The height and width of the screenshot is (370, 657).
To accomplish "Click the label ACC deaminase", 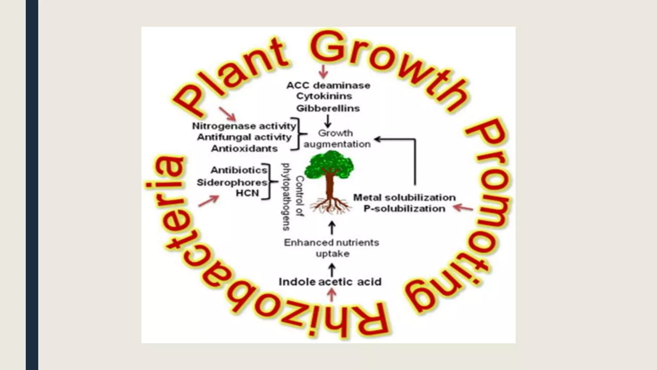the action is [328, 85].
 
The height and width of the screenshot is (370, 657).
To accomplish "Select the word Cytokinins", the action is [324, 96].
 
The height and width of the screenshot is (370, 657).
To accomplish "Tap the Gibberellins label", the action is [328, 108].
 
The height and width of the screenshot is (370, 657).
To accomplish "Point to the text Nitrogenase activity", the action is [244, 126].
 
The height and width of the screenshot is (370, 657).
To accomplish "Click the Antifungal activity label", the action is [244, 137].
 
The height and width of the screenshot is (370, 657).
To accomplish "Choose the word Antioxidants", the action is [244, 149].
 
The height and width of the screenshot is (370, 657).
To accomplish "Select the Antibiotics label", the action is [239, 170].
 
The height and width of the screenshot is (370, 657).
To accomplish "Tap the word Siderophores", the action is [232, 182].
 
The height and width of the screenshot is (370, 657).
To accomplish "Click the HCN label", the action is [247, 193].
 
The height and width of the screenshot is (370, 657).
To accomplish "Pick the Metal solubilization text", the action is [404, 197].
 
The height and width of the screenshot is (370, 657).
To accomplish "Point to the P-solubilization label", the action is [404, 208].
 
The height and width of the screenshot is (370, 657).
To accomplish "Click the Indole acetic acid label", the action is [330, 282].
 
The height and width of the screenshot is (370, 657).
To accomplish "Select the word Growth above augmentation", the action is [335, 133].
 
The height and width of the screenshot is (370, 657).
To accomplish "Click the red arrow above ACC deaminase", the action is [323, 71].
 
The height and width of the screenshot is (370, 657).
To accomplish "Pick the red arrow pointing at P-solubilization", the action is [463, 208].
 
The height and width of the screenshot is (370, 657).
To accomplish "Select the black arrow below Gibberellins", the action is [328, 121].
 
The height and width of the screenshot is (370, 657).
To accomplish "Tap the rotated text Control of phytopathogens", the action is [293, 197].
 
